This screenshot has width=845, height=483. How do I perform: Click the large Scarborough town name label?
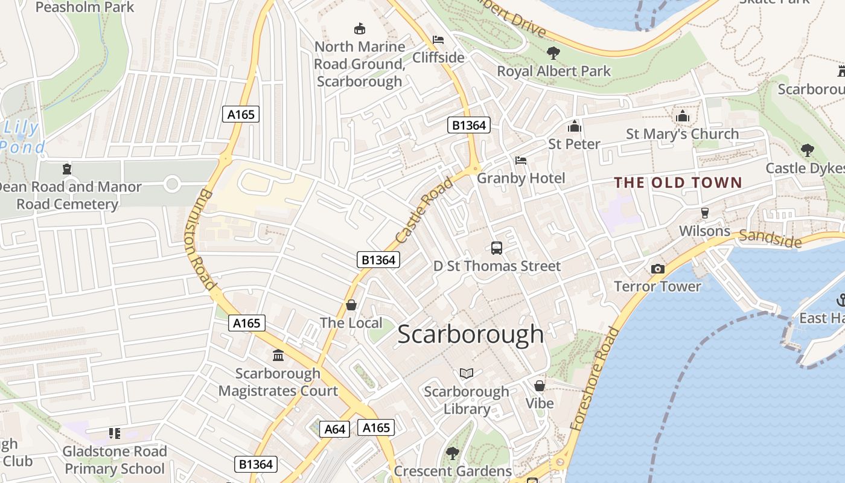pyautogui.click(x=471, y=334)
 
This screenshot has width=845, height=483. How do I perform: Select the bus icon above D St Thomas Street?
pyautogui.click(x=497, y=248)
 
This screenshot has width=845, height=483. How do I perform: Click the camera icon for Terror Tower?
pyautogui.click(x=657, y=269)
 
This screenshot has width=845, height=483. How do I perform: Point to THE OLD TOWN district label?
pyautogui.click(x=678, y=182)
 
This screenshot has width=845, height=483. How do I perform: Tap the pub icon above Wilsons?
pyautogui.click(x=704, y=213)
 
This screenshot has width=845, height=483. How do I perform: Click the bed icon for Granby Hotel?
pyautogui.click(x=521, y=161)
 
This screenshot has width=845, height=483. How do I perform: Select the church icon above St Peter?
pyautogui.click(x=574, y=126)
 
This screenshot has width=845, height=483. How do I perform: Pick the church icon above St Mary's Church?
pyautogui.click(x=683, y=116)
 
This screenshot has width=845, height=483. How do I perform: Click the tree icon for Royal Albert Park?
pyautogui.click(x=553, y=53)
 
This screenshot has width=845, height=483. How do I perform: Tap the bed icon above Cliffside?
pyautogui.click(x=439, y=40)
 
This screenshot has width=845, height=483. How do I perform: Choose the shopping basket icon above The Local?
pyautogui.click(x=351, y=305)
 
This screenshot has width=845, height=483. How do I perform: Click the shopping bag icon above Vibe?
pyautogui.click(x=540, y=385)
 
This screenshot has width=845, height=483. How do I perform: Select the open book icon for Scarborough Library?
pyautogui.click(x=467, y=373)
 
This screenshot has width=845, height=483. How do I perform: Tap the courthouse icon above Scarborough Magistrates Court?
pyautogui.click(x=278, y=355)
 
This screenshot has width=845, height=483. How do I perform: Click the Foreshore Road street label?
pyautogui.click(x=595, y=379)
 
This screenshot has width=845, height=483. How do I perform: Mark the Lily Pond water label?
pyautogui.click(x=22, y=138)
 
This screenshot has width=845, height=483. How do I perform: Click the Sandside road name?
pyautogui.click(x=770, y=238)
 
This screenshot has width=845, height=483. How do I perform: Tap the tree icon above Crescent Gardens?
pyautogui.click(x=452, y=452)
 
